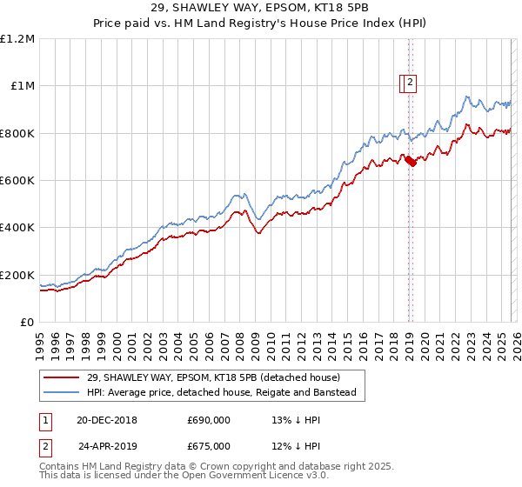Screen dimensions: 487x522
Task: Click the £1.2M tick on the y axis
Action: pyautogui.click(x=17, y=39)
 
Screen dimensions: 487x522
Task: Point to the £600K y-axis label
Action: pyautogui.click(x=17, y=181)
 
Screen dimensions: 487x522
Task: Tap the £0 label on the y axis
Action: pyautogui.click(x=28, y=323)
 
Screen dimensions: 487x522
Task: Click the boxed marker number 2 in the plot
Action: pyautogui.click(x=411, y=83)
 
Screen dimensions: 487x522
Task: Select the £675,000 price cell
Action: pyautogui.click(x=209, y=446)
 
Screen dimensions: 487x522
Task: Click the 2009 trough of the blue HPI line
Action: pyautogui.click(x=258, y=220)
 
